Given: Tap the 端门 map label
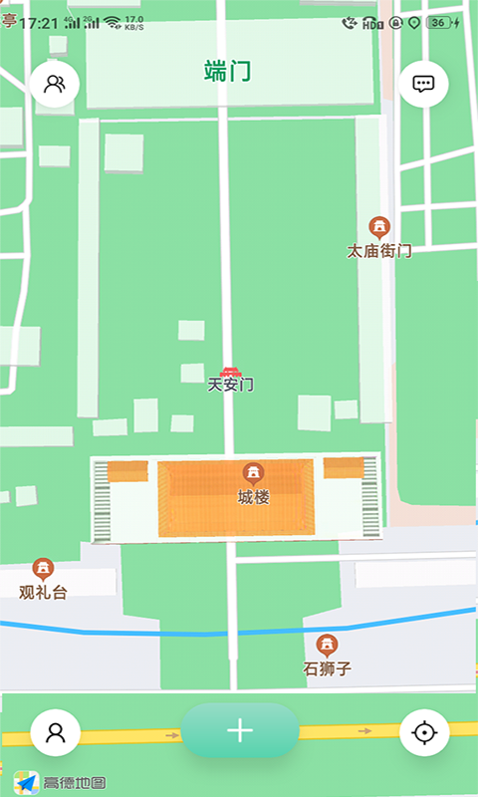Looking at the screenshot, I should click(x=227, y=72).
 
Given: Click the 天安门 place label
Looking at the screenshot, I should click(x=231, y=385).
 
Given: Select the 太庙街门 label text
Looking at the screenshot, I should click(x=379, y=251).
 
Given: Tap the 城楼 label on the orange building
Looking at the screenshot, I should click(x=253, y=497).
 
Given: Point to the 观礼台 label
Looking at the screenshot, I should click(x=43, y=593).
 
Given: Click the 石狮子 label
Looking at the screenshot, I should click(x=327, y=668).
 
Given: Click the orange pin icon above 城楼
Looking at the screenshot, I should click(x=253, y=472).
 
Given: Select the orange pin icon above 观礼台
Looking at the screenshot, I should click(x=43, y=568).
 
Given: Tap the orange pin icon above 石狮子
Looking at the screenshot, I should click(x=327, y=644).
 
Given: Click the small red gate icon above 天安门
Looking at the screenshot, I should click(x=231, y=371).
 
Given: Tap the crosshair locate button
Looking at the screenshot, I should click(x=424, y=733).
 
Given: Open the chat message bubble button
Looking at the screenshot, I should click(x=424, y=85).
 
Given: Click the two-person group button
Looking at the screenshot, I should click(x=55, y=85).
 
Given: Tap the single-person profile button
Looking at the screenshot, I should click(x=56, y=733).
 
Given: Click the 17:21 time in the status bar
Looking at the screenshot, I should click(x=39, y=22).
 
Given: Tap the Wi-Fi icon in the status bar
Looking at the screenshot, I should click(x=111, y=22).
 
